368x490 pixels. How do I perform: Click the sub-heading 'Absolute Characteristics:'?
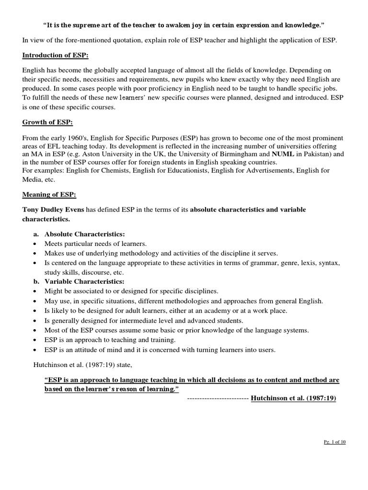(x=84, y=234)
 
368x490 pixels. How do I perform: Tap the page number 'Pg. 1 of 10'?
(x=335, y=442)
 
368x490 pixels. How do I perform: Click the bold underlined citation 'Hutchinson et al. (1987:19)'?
(x=295, y=398)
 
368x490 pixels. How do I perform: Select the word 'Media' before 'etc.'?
(x=32, y=180)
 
